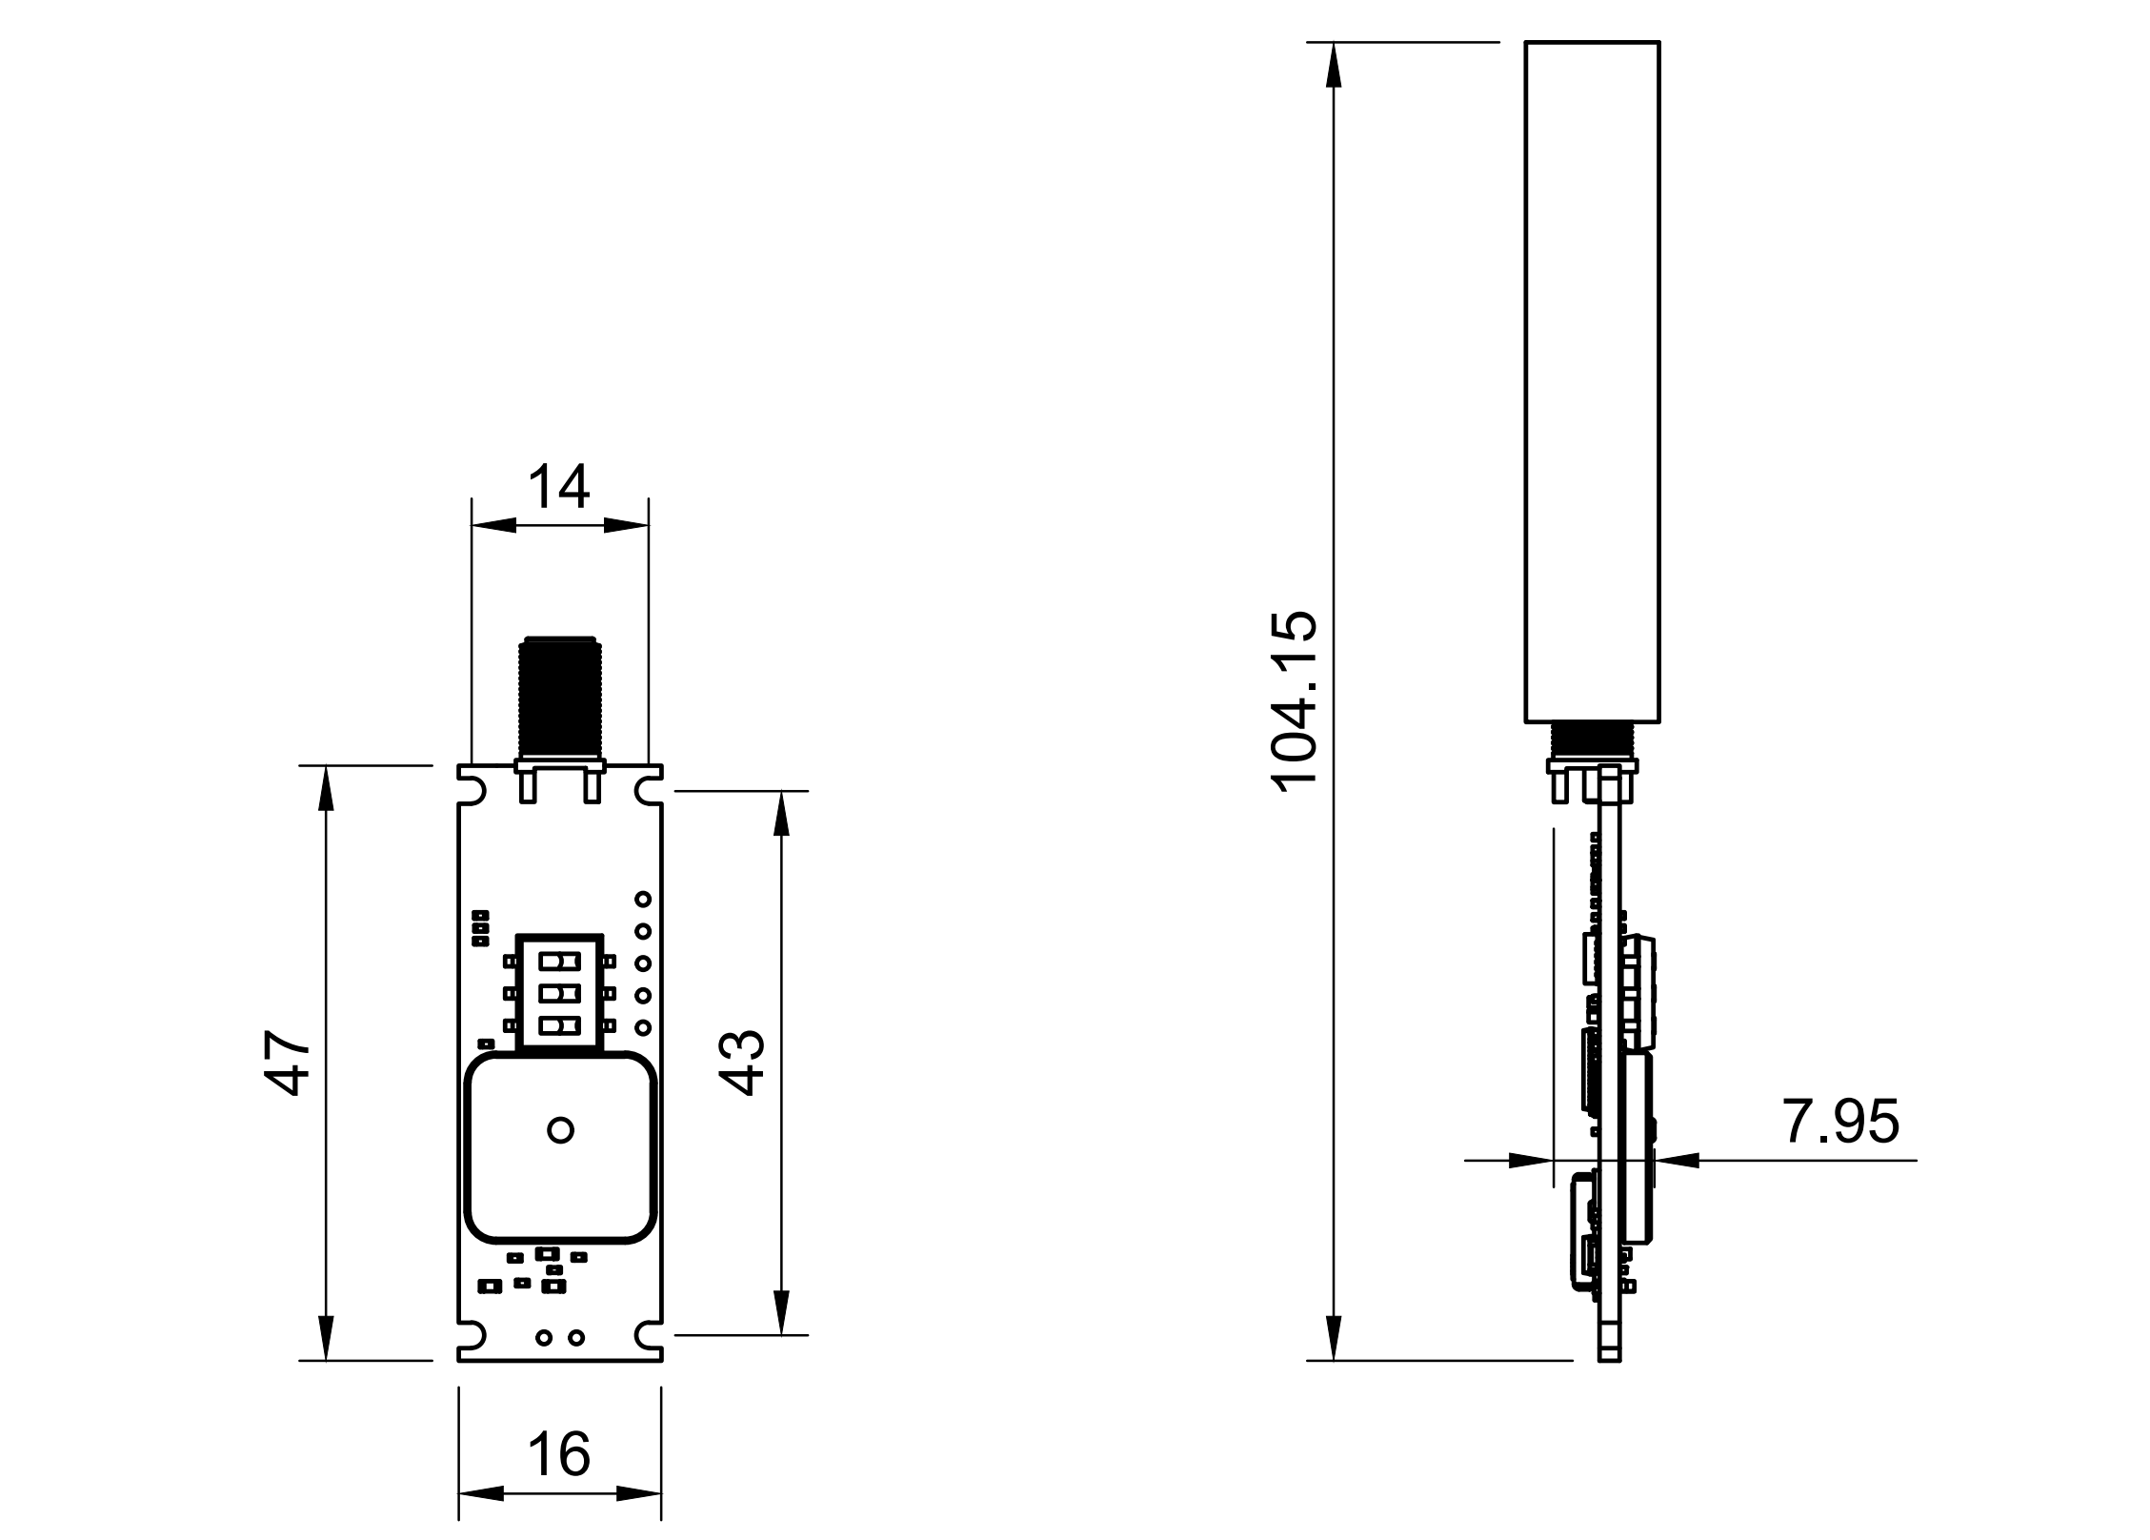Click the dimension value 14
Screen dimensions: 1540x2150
(x=559, y=487)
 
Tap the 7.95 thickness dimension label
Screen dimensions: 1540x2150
(x=1839, y=1122)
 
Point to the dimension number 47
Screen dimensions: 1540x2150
(x=288, y=1063)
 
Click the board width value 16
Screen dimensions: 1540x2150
(x=559, y=1454)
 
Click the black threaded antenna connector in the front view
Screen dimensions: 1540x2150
(x=559, y=698)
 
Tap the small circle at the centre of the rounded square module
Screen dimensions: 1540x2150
(x=561, y=1130)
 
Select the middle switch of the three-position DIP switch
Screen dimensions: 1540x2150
(x=559, y=995)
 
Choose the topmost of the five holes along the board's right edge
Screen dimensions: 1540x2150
(x=643, y=899)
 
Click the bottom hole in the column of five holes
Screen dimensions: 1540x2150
(x=643, y=1027)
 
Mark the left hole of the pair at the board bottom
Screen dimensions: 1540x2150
(x=544, y=1338)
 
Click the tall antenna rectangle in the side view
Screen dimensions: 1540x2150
(x=1592, y=381)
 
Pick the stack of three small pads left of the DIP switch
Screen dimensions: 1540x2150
(x=481, y=928)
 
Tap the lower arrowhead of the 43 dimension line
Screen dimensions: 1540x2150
(x=781, y=1313)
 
